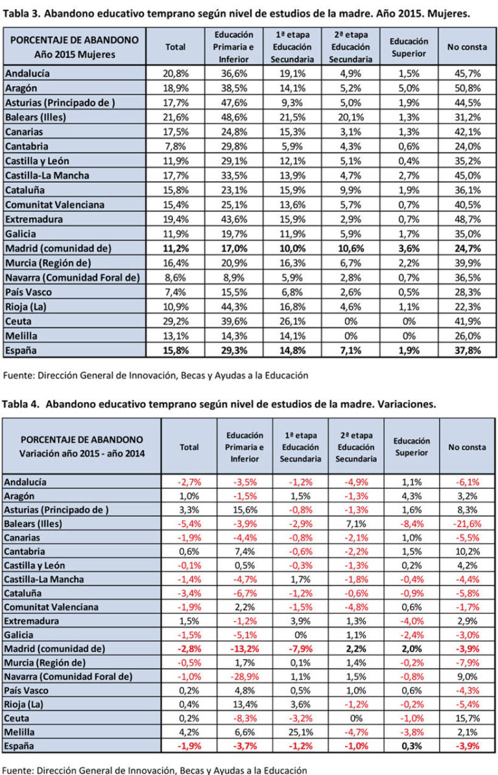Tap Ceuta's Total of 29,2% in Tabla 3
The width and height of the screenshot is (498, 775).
click(175, 320)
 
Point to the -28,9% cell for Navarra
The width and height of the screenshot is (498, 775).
click(246, 676)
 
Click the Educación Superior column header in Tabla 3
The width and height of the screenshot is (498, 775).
click(409, 47)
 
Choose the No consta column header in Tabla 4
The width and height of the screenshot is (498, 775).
click(466, 447)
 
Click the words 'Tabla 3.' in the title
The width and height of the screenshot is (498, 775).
click(23, 12)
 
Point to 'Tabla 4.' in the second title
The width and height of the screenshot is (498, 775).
click(23, 403)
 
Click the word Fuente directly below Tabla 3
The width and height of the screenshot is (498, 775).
click(19, 374)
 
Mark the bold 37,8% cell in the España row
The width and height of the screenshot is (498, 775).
click(465, 350)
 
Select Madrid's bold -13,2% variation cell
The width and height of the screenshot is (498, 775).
click(246, 649)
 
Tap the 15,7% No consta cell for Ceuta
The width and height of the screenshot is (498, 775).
click(466, 719)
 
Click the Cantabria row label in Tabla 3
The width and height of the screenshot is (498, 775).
click(27, 146)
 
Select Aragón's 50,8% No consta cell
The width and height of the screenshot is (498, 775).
click(465, 88)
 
